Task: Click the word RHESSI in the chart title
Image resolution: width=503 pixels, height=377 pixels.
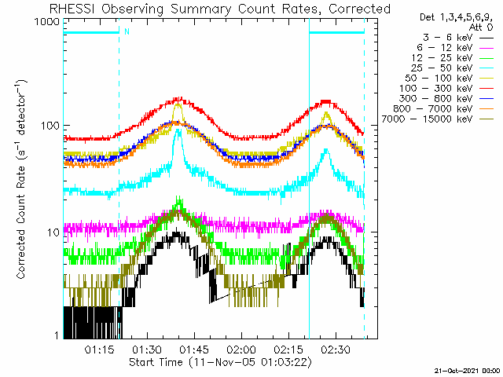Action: pos(72,9)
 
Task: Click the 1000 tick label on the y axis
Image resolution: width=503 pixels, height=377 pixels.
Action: pos(48,21)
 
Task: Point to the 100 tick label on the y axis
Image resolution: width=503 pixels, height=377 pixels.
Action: pos(50,125)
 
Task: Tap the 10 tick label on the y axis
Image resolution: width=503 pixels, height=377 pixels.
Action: pos(53,232)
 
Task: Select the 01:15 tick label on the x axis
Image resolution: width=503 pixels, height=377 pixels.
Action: pos(100,350)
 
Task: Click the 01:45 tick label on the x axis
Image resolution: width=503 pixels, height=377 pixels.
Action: pos(194,350)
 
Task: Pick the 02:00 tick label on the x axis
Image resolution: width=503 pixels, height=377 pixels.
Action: pos(241,350)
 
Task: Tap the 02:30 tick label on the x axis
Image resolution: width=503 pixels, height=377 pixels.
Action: pos(336,350)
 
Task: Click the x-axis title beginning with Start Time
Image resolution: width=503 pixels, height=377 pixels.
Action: pos(220,362)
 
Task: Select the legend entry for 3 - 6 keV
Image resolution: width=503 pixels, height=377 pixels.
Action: pos(457,38)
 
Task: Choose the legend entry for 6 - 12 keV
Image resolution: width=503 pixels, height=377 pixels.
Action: pos(455,48)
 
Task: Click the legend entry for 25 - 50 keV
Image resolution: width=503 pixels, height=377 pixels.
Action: pos(452,68)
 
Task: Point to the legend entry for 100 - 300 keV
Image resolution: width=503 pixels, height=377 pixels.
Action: pos(446,89)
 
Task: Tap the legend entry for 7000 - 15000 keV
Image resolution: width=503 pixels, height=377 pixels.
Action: pos(438,119)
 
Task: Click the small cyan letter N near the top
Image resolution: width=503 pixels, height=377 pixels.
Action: pos(127,31)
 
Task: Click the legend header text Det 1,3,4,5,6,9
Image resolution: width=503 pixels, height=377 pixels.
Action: pos(456,17)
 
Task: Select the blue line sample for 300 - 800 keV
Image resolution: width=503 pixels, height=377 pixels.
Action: pos(486,99)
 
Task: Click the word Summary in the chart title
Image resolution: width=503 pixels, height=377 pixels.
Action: pos(200,9)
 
